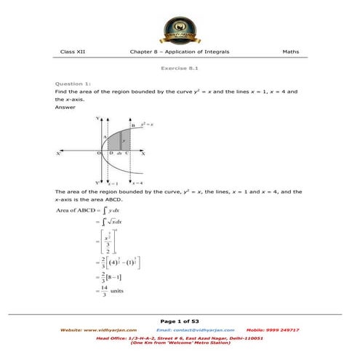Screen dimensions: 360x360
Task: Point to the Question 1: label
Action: (73, 84)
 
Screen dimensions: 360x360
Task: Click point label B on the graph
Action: (133, 127)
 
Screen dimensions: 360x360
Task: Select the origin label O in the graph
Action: (99, 153)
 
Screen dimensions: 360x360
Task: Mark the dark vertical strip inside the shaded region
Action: (120, 140)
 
